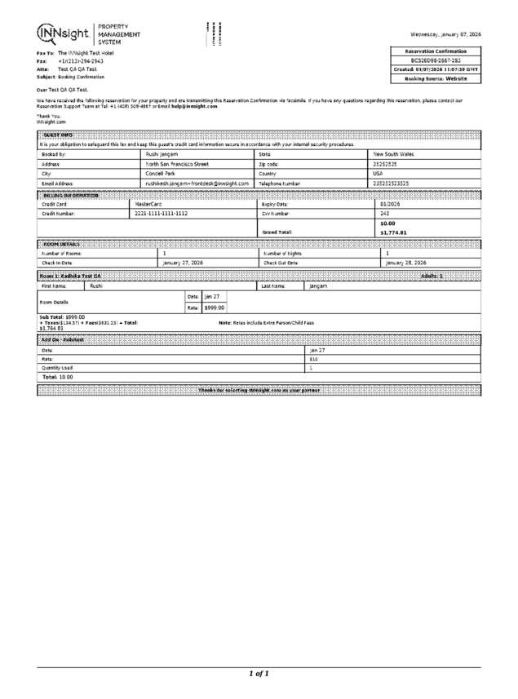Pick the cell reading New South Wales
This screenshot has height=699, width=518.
(393, 153)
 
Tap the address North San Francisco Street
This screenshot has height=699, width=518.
(177, 164)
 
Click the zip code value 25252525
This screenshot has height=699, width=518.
(385, 164)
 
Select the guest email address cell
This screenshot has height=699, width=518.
(197, 184)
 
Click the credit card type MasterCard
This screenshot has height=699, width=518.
(148, 204)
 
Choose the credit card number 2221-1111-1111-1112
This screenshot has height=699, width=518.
(161, 214)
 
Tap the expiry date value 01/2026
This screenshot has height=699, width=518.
(390, 204)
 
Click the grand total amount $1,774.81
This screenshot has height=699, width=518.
(393, 232)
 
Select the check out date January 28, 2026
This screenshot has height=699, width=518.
(405, 263)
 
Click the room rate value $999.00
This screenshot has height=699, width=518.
(214, 308)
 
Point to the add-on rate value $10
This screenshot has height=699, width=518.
(313, 359)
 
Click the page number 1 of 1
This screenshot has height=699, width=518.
(259, 673)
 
